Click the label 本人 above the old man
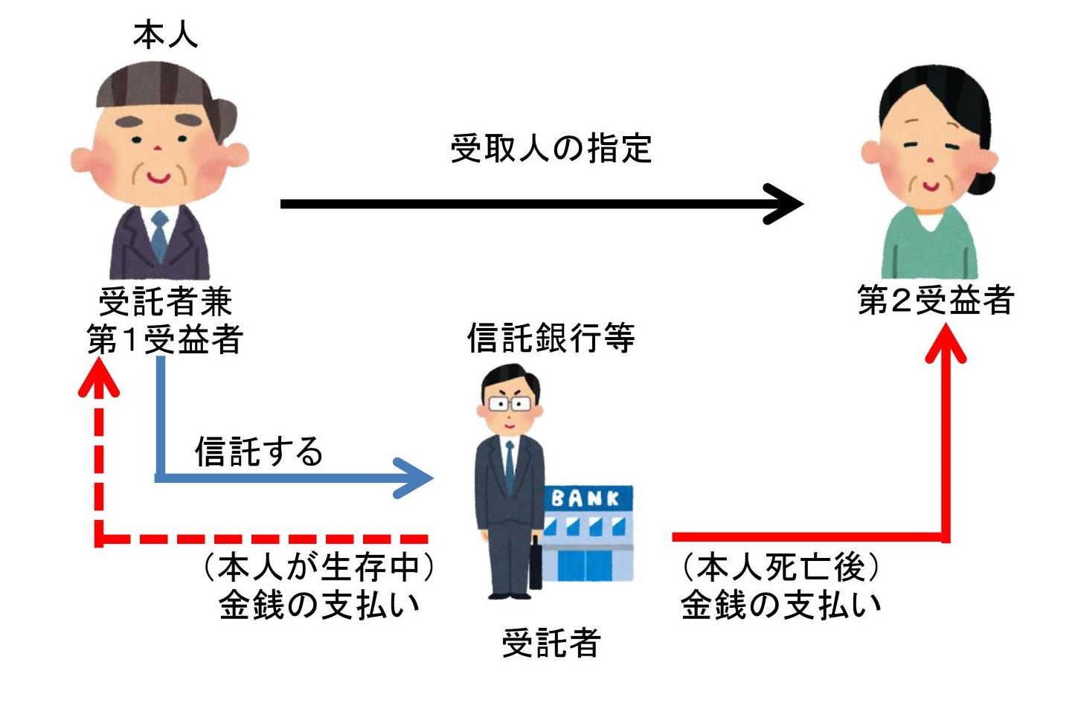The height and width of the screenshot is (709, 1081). (165, 35)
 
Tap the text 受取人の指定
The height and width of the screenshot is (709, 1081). (551, 148)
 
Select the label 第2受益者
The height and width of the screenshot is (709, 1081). (935, 300)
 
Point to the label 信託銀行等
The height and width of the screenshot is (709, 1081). (551, 338)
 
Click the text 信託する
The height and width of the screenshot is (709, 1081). (259, 452)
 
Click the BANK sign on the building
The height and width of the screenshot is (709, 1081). (585, 498)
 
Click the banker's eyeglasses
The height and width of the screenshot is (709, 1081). (510, 403)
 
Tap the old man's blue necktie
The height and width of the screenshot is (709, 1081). (159, 236)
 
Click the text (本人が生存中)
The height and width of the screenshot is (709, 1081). (319, 567)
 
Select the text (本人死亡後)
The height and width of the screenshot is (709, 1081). (780, 567)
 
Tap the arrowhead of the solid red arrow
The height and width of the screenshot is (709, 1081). (946, 343)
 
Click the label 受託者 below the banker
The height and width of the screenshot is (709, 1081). (551, 643)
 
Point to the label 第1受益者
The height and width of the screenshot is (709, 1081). (164, 339)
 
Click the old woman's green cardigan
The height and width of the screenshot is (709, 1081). (929, 246)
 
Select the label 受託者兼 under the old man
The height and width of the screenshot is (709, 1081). (165, 301)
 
